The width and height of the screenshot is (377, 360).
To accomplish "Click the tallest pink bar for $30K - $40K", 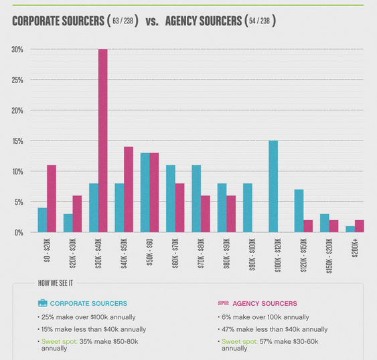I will click(102, 141).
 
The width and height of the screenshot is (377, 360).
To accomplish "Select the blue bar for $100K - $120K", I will click(273, 187).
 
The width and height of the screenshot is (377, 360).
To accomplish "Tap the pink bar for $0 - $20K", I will click(52, 199).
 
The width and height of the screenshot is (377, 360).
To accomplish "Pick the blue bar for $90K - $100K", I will click(248, 207).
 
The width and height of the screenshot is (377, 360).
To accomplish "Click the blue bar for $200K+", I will click(350, 229).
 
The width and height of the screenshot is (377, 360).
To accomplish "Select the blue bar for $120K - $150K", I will click(299, 211).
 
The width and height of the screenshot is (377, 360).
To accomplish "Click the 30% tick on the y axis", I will click(17, 50).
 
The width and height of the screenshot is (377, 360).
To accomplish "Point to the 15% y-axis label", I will click(17, 141).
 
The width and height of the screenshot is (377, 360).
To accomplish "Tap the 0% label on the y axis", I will click(19, 232).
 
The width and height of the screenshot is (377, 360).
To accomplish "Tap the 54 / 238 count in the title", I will click(260, 21).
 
